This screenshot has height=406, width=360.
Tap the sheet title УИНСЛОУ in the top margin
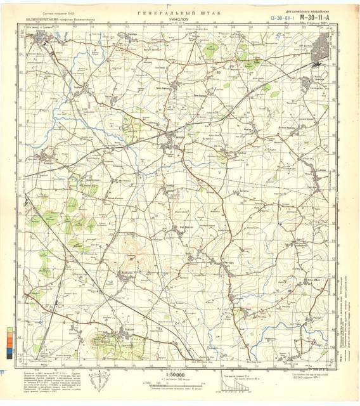coord(181,20)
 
